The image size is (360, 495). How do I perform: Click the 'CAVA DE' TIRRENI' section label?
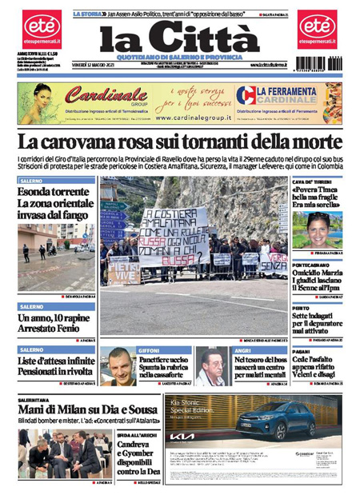point(311,182)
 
